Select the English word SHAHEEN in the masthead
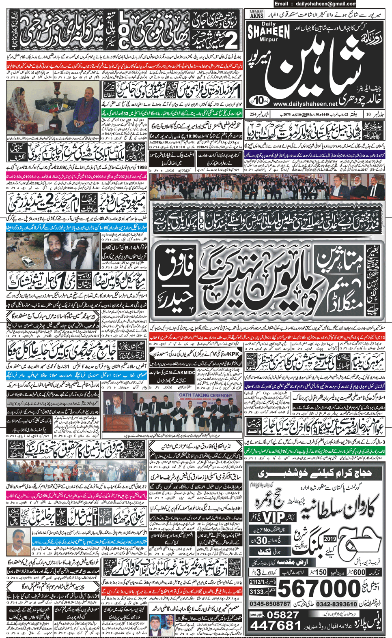(268, 32)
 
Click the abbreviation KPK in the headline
(234, 354)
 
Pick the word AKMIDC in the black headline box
(186, 371)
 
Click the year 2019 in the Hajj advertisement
(330, 539)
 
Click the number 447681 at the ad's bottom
(276, 625)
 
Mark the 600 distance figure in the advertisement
(359, 572)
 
